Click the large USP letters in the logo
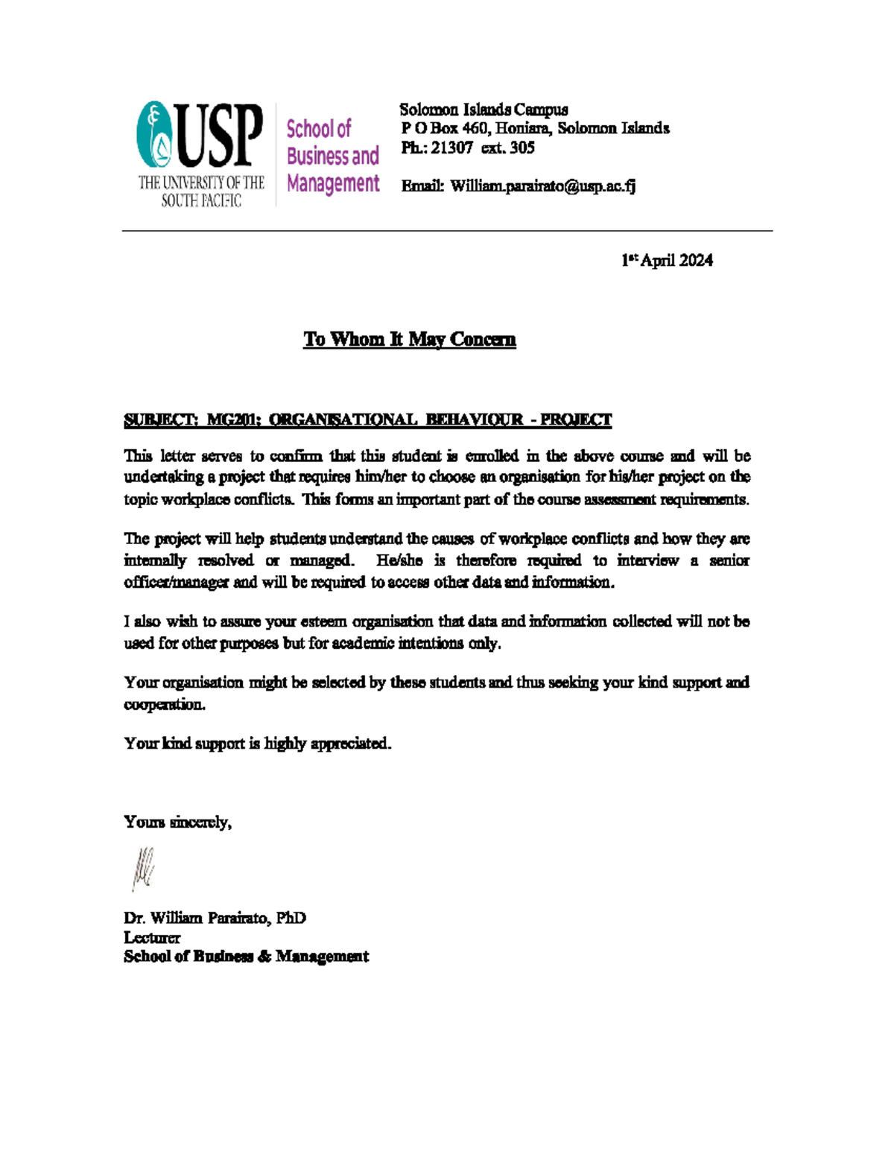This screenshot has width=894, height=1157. point(220,136)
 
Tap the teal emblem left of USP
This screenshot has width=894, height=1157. point(154,135)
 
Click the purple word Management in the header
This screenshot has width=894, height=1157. point(333,183)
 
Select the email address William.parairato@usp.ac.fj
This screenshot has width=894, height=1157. point(542,186)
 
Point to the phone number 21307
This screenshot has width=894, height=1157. point(451,148)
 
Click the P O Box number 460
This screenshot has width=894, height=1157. point(475,128)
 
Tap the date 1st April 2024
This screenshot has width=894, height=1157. point(667,260)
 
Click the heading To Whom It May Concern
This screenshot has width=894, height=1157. point(409,340)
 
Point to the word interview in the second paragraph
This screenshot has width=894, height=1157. point(647,560)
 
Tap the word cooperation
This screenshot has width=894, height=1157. point(164,705)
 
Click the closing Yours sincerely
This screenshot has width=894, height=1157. point(177,822)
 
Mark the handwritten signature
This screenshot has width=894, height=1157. point(143,869)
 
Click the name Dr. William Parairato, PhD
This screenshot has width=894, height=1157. point(215,918)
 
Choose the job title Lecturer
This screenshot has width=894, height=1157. point(152,937)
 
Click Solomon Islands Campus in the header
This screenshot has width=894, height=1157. point(484,110)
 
